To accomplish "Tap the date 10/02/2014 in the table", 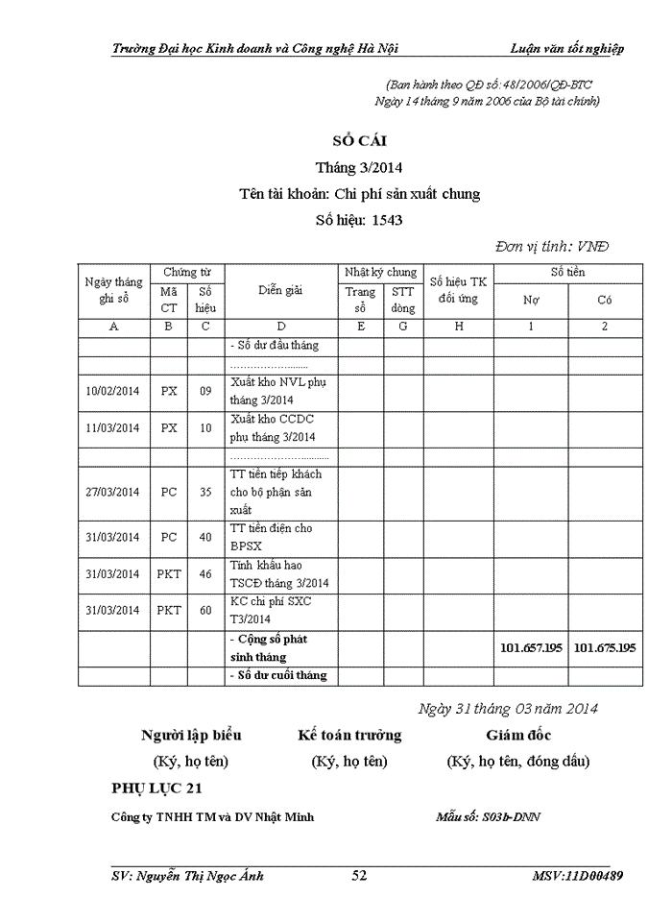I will tap(112, 392).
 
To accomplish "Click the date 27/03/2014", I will tap(112, 493).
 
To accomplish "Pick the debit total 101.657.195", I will tap(531, 647).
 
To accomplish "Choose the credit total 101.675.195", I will tap(605, 647).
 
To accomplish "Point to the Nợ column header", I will tap(530, 300).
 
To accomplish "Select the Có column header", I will tap(605, 300).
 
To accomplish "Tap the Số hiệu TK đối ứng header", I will tap(458, 290).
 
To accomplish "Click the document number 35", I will tap(205, 493).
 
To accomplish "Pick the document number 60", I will tap(205, 610).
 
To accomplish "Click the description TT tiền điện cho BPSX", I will tap(272, 537).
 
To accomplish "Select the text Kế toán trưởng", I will tap(349, 736).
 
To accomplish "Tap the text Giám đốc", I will tap(518, 736).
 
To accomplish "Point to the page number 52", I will tap(360, 876).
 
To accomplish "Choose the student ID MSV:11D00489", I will tap(577, 876).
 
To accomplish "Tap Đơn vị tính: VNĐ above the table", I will tap(552, 246).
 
